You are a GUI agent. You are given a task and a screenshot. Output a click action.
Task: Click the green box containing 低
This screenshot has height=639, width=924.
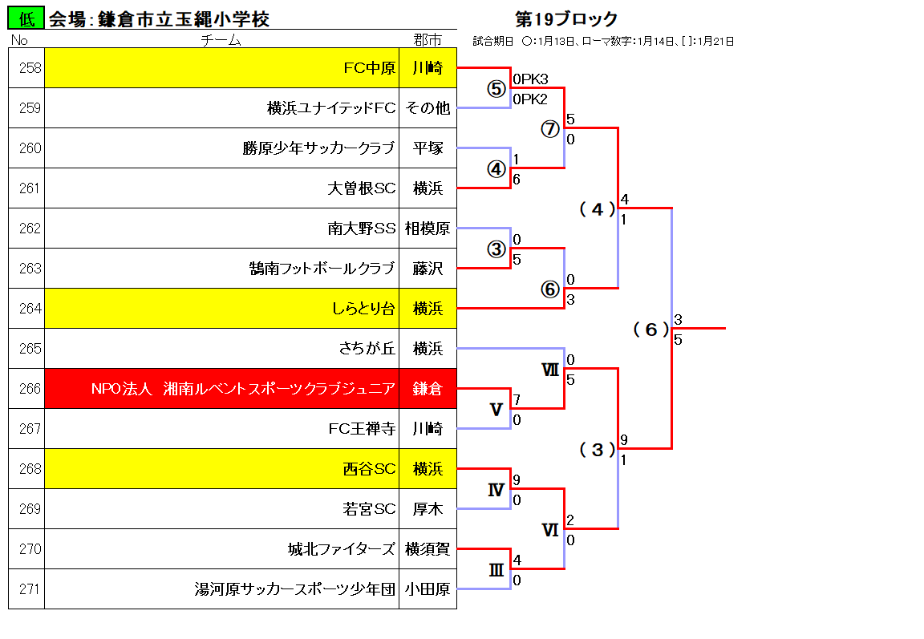(x=26, y=18)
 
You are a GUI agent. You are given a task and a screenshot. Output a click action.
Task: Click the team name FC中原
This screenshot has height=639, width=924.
(x=370, y=68)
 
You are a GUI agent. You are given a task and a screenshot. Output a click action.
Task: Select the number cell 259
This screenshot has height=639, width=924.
(x=26, y=108)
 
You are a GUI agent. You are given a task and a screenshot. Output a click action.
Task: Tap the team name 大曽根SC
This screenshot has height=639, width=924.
(x=361, y=188)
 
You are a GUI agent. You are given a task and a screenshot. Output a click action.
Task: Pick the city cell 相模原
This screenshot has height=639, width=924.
(x=428, y=229)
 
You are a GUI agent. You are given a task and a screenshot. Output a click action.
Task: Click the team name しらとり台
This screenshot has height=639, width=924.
(x=363, y=309)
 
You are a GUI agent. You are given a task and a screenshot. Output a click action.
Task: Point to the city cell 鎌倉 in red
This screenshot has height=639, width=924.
(x=428, y=389)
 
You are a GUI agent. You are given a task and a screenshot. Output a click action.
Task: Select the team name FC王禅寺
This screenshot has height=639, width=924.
(x=362, y=429)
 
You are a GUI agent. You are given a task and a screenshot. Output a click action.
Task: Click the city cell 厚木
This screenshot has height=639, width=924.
(x=428, y=509)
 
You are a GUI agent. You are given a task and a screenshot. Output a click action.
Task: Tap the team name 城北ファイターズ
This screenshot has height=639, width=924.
(x=341, y=549)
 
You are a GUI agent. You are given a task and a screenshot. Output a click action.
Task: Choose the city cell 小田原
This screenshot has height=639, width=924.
(x=428, y=589)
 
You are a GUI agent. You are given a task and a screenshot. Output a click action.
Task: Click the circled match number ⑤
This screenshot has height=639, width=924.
(x=496, y=89)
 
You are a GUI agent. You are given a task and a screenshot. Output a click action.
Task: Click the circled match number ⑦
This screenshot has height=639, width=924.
(x=550, y=129)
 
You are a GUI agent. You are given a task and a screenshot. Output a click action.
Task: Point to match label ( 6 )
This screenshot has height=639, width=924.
(x=651, y=330)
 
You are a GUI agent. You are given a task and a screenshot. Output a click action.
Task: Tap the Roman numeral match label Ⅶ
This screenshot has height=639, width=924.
(x=550, y=370)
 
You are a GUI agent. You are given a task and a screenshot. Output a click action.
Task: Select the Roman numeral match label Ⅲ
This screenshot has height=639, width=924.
(x=496, y=570)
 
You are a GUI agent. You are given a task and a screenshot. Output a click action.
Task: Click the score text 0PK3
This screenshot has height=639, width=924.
(x=530, y=79)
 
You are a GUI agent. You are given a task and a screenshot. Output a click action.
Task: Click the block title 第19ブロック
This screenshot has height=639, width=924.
(x=566, y=19)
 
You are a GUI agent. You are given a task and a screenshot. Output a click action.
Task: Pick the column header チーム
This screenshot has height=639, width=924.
(x=221, y=40)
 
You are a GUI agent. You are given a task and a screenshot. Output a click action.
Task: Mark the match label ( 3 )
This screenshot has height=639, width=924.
(x=598, y=450)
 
